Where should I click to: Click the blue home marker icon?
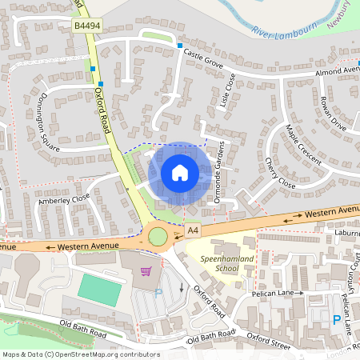pyautogui.click(x=179, y=172)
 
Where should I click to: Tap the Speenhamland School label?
pyautogui.click(x=217, y=264)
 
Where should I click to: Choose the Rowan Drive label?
pyautogui.click(x=331, y=116)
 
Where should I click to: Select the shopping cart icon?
pyautogui.click(x=146, y=271)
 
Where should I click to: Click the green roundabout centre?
pyautogui.click(x=158, y=237)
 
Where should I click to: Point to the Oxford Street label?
pyautogui.click(x=269, y=340)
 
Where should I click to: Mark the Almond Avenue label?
pyautogui.click(x=337, y=71)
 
